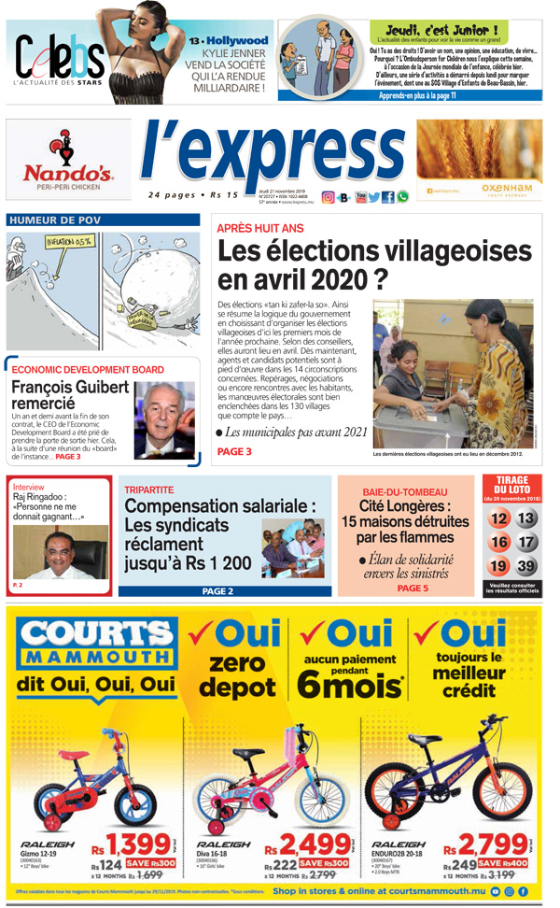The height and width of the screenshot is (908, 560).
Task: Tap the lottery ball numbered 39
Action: [527, 566]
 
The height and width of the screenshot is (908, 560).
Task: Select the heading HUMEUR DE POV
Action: [55, 220]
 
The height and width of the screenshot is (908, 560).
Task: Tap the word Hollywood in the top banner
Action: [236, 41]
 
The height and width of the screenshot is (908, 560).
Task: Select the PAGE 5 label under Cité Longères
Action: [413, 589]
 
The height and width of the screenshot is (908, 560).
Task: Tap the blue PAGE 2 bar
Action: [217, 591]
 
